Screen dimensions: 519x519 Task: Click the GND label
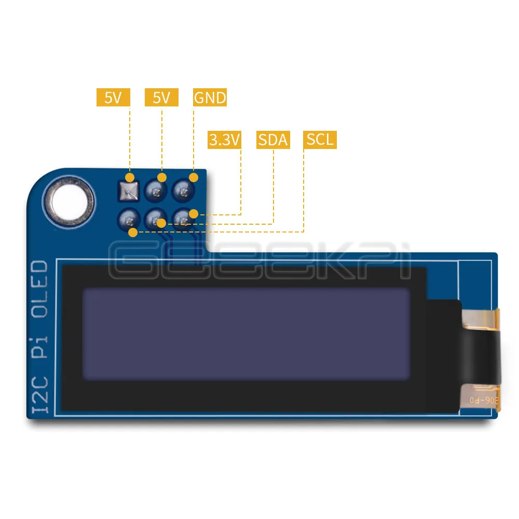tap(210, 98)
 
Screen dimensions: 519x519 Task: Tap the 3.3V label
tap(225, 140)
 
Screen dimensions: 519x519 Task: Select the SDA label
tap(273, 140)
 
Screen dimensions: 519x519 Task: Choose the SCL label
tap(320, 140)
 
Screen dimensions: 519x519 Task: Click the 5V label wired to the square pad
tap(113, 98)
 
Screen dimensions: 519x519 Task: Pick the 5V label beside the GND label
tap(161, 98)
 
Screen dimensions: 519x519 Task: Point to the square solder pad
tap(129, 192)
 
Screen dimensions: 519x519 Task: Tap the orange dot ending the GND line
tap(194, 177)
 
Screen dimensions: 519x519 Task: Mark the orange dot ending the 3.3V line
tap(194, 213)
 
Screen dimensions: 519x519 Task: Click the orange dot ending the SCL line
tap(133, 232)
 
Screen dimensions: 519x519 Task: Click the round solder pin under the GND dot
tap(183, 192)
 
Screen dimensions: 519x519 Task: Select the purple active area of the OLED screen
tap(247, 335)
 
